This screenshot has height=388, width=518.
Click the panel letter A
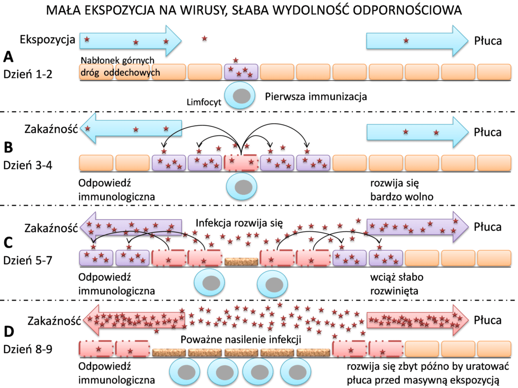[9, 56]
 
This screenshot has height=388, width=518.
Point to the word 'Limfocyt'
[202, 102]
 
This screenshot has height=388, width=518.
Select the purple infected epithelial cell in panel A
[241, 71]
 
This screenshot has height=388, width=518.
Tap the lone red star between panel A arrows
[204, 38]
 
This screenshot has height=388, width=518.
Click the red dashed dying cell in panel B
[241, 162]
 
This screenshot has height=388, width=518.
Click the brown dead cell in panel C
[241, 261]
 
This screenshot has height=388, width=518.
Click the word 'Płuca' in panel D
[488, 320]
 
